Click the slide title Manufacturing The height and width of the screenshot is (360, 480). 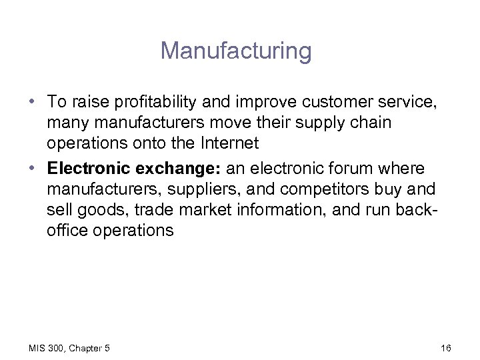pyautogui.click(x=235, y=51)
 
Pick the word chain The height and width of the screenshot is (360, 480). pyautogui.click(x=365, y=123)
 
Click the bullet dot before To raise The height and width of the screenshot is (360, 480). pyautogui.click(x=32, y=103)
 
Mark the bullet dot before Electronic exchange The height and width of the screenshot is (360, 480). pyautogui.click(x=32, y=168)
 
